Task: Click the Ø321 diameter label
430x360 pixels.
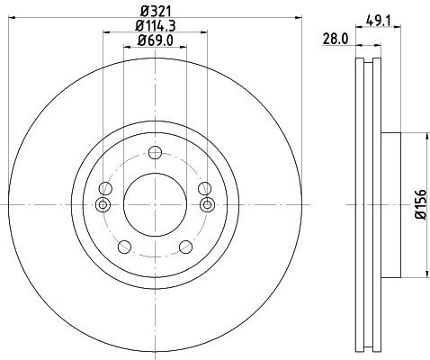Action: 156,12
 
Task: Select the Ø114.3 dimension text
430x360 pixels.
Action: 156,26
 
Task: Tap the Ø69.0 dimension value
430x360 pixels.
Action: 156,40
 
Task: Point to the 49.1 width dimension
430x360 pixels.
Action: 379,21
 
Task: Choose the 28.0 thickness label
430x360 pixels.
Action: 336,39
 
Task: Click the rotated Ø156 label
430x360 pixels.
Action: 421,204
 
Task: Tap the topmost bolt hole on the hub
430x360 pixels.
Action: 155,153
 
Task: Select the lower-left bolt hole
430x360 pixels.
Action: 124,247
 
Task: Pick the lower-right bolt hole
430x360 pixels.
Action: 185,247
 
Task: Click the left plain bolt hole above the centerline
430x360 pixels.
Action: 105,189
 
